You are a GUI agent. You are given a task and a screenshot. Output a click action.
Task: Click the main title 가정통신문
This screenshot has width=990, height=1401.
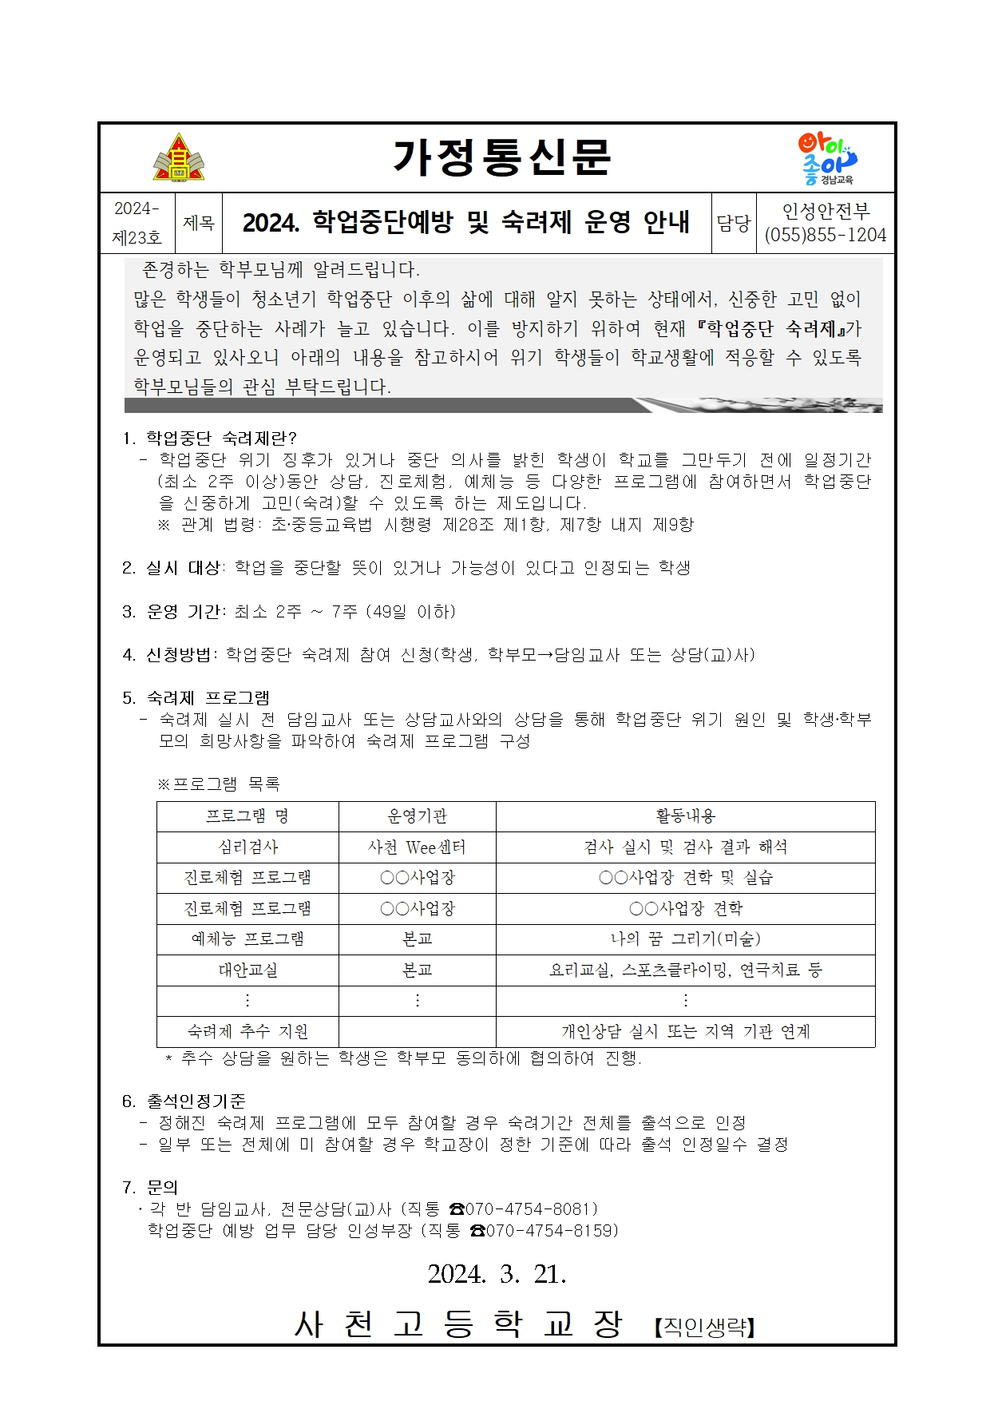(x=501, y=158)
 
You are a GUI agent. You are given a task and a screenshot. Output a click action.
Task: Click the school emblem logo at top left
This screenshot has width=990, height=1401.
(x=179, y=158)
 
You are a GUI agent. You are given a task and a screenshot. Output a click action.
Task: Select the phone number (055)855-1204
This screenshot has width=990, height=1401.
(x=826, y=236)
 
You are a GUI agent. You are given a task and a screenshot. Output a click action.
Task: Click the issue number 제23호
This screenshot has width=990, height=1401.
(x=137, y=237)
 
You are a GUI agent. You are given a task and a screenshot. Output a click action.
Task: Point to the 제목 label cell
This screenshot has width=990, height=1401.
(x=199, y=223)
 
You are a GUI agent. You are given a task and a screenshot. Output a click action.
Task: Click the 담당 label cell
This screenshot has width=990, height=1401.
(x=733, y=223)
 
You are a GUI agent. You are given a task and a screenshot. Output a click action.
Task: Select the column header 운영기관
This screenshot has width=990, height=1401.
(x=417, y=816)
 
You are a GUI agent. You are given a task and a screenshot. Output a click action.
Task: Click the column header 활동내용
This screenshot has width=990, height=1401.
(x=685, y=816)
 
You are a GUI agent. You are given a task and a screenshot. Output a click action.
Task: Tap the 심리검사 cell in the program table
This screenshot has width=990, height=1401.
(x=248, y=847)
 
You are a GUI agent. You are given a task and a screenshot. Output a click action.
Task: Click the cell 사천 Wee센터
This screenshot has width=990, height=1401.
(x=417, y=847)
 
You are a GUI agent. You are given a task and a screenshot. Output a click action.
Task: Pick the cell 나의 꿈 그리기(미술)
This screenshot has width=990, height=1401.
(x=685, y=939)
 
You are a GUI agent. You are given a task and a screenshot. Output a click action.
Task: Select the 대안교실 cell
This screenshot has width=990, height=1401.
(x=248, y=970)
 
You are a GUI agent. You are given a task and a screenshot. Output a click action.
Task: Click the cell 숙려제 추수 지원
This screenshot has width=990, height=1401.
(x=248, y=1031)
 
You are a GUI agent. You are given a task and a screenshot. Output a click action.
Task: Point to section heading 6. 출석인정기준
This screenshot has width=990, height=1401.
(x=184, y=1101)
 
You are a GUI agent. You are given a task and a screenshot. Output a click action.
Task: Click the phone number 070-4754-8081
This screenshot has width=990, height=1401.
(x=531, y=1209)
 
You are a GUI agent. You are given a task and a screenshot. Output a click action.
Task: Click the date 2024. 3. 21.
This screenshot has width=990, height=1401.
(x=497, y=1274)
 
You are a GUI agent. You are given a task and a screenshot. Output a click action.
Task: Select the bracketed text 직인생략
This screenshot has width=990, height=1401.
(x=704, y=1327)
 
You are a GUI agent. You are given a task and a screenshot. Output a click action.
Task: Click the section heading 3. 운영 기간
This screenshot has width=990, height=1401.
(x=174, y=612)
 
